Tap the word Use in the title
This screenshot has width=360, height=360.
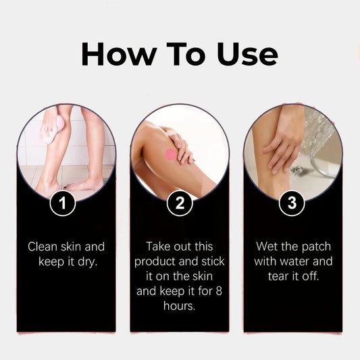pos(247,55)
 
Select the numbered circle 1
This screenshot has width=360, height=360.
pos(63,203)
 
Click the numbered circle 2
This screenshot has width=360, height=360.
pos(180,203)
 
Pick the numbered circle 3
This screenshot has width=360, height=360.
pos(292,203)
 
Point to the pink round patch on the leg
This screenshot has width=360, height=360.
pos(171,154)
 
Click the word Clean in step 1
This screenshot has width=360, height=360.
pos(43,247)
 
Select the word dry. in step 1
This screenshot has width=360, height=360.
pos(88,262)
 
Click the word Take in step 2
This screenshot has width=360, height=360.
pos(158,247)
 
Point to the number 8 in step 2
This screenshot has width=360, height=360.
pos(219,291)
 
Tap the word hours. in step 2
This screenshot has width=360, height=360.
pos(180,306)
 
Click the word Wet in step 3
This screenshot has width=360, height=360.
pos(266,247)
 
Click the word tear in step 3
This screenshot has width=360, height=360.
pos(278,276)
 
